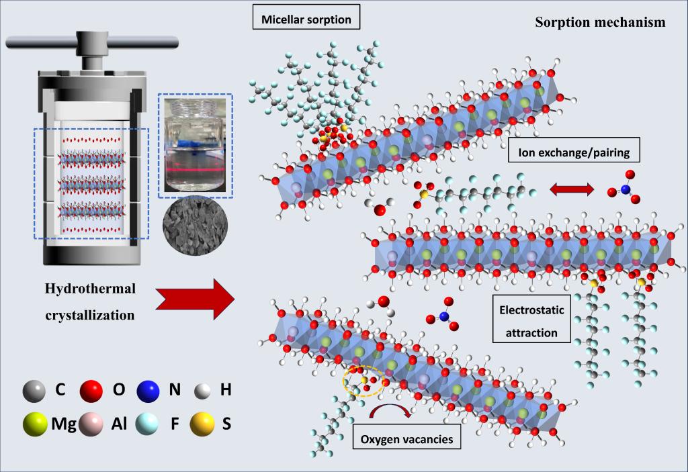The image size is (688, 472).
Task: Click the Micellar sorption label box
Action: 306,19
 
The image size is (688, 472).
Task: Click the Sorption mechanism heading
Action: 600,22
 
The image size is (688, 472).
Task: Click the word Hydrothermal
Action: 90,289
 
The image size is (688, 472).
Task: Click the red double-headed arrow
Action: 572,190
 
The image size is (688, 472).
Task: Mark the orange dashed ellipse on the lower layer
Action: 363,381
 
